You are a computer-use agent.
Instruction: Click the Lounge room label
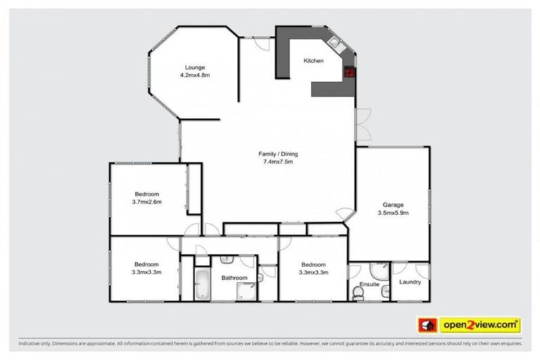[195, 67]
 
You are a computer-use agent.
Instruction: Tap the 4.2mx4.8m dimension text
[195, 75]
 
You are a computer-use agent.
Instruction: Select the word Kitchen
[314, 61]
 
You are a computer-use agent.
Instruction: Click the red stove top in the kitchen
[349, 71]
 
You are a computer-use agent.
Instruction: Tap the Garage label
[393, 205]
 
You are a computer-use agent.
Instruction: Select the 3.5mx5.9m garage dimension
[393, 212]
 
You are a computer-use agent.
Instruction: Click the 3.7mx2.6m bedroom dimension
[146, 202]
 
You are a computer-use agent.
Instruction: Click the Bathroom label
[234, 278]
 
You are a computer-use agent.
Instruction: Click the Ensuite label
[370, 285]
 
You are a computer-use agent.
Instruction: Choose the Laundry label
[409, 283]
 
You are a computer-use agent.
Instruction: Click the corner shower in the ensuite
[380, 271]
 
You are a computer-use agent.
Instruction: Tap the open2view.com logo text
[480, 325]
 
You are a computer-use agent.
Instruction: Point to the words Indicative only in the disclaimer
[34, 345]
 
